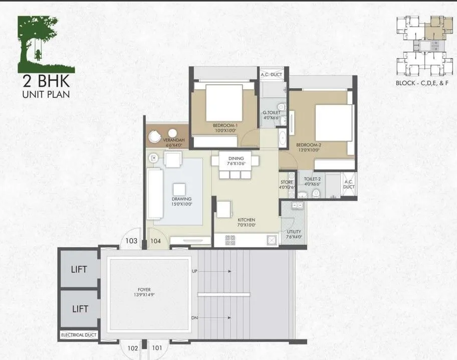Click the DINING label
tap(236, 158)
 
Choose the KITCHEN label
tap(247, 221)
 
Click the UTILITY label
tap(294, 233)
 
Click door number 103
tap(131, 241)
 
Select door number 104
tap(156, 241)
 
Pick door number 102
tap(132, 347)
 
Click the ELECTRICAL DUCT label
tap(79, 334)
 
